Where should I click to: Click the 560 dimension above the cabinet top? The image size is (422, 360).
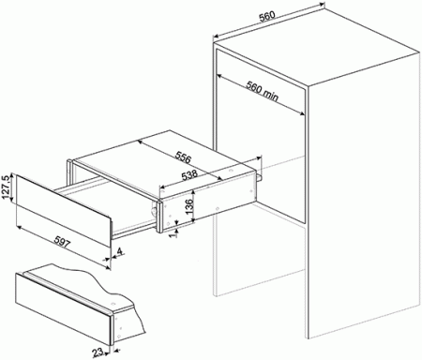(267, 17)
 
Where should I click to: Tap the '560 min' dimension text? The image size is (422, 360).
(262, 91)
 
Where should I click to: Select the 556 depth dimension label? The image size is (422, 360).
(183, 157)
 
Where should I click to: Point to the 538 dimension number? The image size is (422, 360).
(189, 175)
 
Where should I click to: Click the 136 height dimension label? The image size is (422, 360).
(189, 206)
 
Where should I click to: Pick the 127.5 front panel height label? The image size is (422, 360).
(6, 187)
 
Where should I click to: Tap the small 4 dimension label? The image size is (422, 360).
(121, 251)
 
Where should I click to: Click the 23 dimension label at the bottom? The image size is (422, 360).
(98, 352)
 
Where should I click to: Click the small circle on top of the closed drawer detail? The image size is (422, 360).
(113, 304)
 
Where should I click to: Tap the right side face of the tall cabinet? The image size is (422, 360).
(363, 194)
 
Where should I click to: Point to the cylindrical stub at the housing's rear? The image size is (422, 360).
(260, 177)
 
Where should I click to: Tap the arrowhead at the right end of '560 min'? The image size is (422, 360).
(302, 113)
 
